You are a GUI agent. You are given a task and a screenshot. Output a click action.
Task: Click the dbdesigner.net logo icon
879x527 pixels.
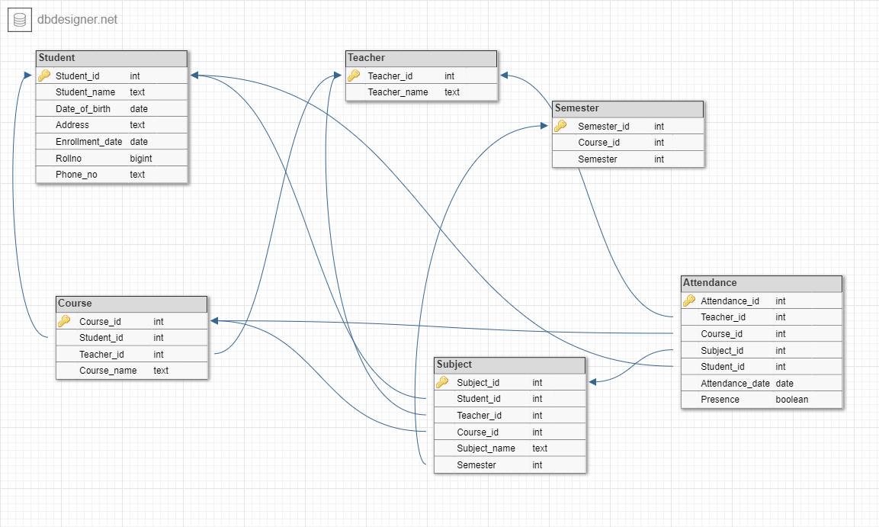click(20, 20)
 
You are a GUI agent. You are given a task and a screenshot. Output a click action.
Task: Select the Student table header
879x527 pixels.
click(111, 58)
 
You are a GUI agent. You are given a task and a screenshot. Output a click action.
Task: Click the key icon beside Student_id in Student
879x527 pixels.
click(44, 76)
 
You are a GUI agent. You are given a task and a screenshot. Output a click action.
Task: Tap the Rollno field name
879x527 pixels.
click(69, 158)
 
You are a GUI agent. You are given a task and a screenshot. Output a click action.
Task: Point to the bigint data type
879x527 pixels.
click(141, 158)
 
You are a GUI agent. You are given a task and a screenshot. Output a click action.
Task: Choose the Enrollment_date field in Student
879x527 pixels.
click(88, 142)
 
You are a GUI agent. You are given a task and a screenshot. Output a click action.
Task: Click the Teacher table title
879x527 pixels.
click(421, 58)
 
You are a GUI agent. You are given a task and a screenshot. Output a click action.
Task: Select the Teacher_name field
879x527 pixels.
click(398, 92)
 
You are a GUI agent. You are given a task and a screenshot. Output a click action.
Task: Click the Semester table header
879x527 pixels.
click(627, 108)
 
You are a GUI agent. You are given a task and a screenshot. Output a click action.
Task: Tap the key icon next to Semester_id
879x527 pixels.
click(560, 126)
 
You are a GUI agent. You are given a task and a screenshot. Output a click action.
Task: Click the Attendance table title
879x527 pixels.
click(761, 283)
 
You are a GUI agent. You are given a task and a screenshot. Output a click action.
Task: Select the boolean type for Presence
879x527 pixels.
click(792, 400)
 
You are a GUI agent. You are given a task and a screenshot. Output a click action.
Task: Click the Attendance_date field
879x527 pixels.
click(735, 384)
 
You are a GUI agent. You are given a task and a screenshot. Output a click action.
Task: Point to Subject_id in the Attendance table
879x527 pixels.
click(722, 351)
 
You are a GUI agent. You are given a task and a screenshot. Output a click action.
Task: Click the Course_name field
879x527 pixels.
click(108, 371)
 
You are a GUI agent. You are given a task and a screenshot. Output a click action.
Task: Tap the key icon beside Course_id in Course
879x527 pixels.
click(64, 321)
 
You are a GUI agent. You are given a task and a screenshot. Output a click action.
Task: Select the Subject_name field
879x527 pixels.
click(486, 448)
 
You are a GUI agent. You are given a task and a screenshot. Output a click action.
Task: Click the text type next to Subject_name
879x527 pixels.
click(540, 448)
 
